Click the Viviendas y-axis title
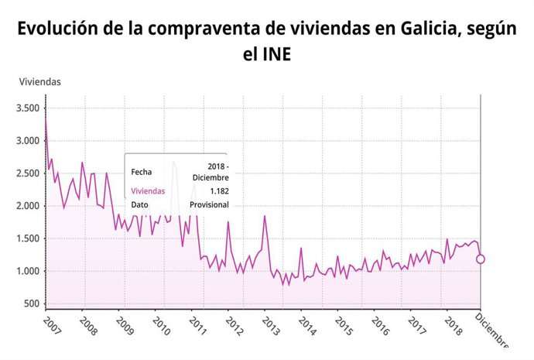[x=39, y=81]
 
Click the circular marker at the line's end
[x=481, y=259]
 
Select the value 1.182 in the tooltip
[x=218, y=190]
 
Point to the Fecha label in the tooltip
[x=142, y=172]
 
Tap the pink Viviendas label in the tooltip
[x=148, y=190]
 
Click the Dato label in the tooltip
[x=140, y=204]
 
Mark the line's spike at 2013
[x=265, y=216]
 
